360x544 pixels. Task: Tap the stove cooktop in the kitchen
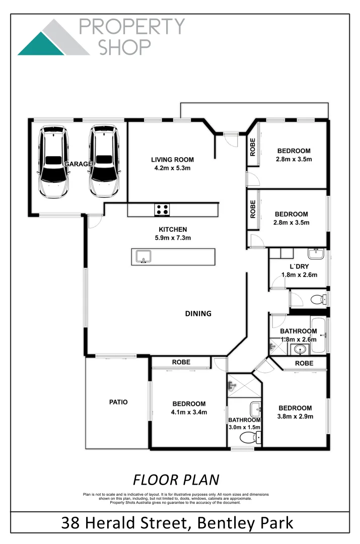pos(162,210)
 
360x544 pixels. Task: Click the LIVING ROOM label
pos(172,160)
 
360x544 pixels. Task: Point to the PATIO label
pos(118,402)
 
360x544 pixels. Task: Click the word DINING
pos(198,313)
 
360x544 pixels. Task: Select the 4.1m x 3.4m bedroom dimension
pos(189,412)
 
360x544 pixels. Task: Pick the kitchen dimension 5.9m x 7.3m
pos(172,238)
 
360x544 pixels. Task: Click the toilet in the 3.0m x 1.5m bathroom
pos(247,437)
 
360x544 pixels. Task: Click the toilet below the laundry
pos(317,300)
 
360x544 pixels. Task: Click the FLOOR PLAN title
pos(176,479)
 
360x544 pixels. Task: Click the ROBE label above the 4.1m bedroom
pos(181,362)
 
